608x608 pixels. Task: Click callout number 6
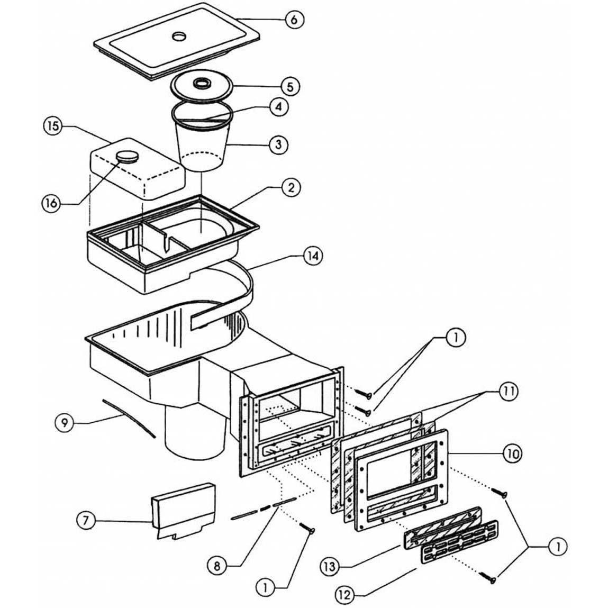click(295, 20)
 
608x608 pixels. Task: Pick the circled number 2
click(291, 188)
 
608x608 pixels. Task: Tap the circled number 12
click(344, 595)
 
